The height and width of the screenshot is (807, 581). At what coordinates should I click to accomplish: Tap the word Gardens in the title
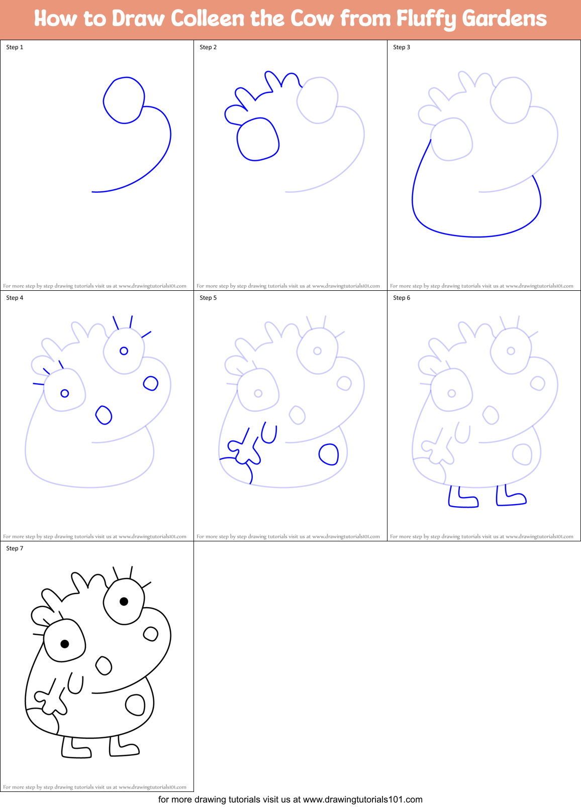tap(504, 19)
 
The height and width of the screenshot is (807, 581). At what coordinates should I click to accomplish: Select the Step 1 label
tap(15, 47)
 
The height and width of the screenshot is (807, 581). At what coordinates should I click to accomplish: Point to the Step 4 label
tap(15, 298)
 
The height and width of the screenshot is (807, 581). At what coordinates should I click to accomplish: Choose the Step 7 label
tap(15, 548)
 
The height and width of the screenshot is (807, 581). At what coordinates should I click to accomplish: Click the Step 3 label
tap(402, 47)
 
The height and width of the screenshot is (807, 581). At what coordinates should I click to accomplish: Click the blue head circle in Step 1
tap(124, 100)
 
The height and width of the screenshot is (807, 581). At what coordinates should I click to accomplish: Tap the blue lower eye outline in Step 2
tap(258, 139)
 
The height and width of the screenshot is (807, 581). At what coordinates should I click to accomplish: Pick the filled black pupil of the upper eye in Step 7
tap(124, 601)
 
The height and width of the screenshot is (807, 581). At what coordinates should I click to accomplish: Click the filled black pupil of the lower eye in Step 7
tap(64, 644)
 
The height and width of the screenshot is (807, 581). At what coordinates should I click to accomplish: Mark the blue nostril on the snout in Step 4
tap(150, 384)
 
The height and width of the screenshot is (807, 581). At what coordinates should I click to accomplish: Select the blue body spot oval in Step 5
tap(329, 454)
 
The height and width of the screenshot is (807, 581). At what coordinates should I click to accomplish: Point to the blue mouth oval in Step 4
tap(104, 415)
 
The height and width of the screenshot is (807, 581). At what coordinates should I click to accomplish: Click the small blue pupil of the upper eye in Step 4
tap(124, 351)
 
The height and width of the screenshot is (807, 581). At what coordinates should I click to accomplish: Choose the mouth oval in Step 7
tap(104, 666)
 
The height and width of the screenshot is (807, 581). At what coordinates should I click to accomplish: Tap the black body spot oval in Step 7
tap(135, 705)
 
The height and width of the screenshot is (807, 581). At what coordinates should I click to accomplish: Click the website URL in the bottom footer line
tap(362, 799)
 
